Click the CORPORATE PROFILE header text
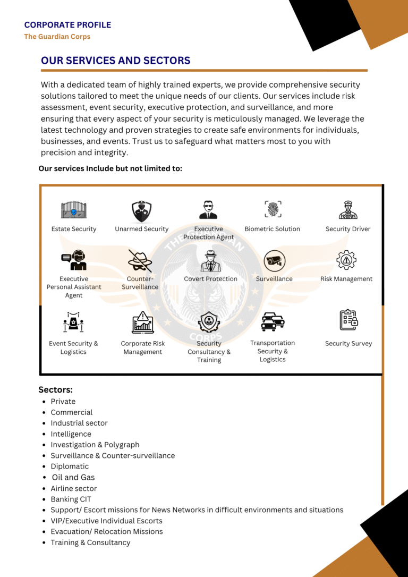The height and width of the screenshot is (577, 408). [x=67, y=25]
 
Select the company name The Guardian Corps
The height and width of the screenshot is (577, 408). [x=57, y=37]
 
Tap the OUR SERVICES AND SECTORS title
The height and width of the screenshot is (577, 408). [x=115, y=61]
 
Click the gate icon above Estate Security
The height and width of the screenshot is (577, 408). [x=73, y=210]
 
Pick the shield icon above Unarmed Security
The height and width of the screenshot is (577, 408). [x=141, y=211]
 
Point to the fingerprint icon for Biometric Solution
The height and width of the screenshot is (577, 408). [x=273, y=209]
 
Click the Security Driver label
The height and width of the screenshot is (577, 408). [x=348, y=229]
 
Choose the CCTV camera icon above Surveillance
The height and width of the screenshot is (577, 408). [x=274, y=260]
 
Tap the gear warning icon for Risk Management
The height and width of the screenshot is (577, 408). [x=346, y=260]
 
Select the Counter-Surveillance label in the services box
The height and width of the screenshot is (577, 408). [x=140, y=283]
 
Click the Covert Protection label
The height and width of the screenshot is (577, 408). [x=210, y=279]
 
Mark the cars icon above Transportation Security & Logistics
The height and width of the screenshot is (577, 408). [x=273, y=321]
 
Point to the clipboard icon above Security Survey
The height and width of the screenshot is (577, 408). [x=348, y=320]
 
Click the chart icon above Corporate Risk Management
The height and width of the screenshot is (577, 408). [x=142, y=322]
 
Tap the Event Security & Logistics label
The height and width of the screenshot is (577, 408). [x=73, y=347]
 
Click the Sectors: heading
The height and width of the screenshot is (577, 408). [x=55, y=389]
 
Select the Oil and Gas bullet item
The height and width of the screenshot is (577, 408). [x=73, y=477]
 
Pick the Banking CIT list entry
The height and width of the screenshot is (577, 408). [x=71, y=499]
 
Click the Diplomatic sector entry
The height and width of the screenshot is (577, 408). [x=70, y=466]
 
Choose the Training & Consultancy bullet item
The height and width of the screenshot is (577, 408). [x=90, y=542]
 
